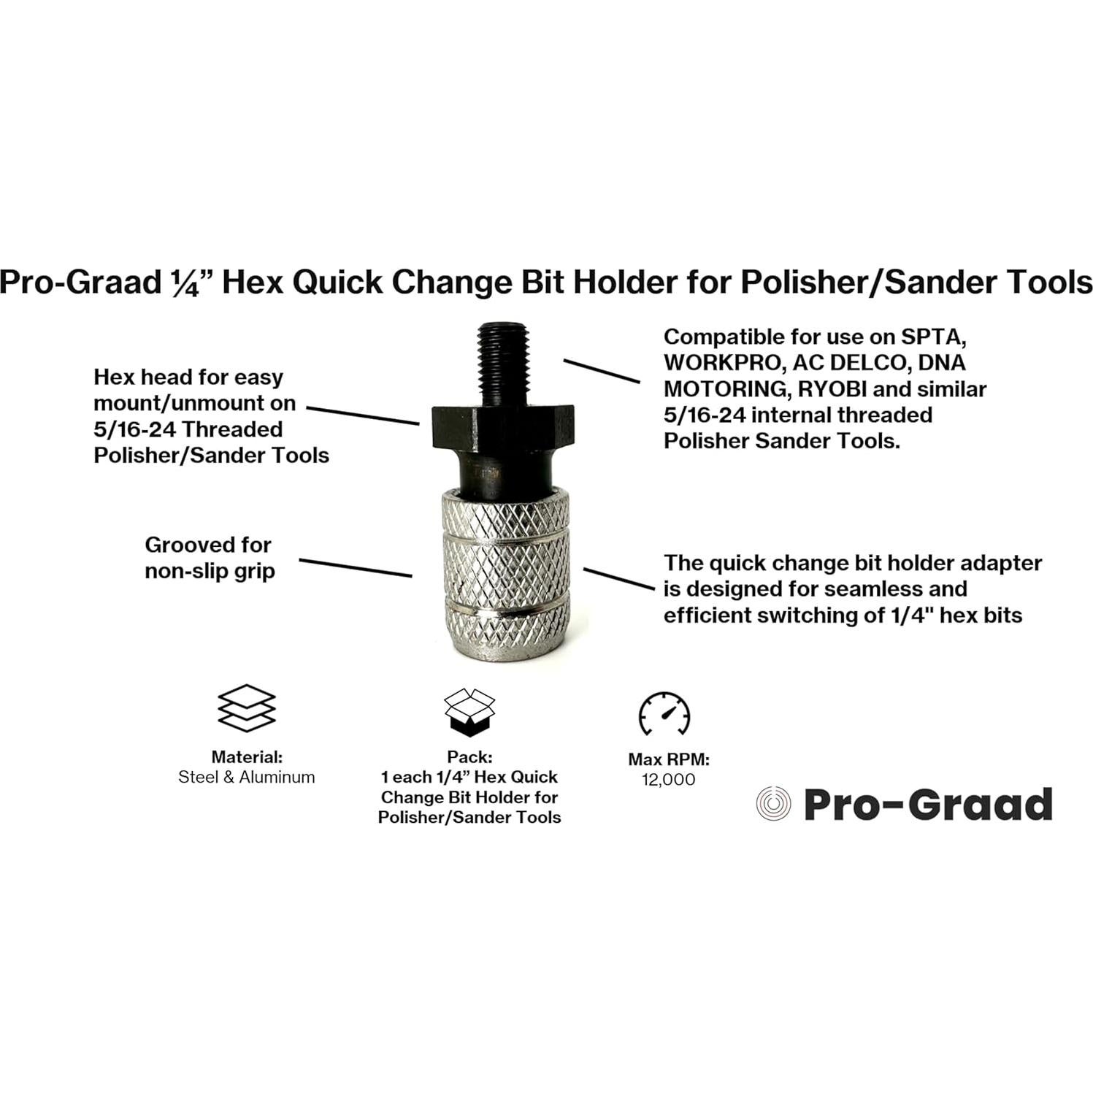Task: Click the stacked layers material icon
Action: (x=247, y=707)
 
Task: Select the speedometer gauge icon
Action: (x=664, y=713)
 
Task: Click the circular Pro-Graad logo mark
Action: (x=773, y=805)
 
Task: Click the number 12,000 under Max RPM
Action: (x=668, y=780)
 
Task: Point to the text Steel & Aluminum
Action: (x=247, y=777)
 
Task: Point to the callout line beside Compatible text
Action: (x=601, y=370)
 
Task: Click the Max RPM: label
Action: (x=668, y=759)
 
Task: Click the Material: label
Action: (x=247, y=757)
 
